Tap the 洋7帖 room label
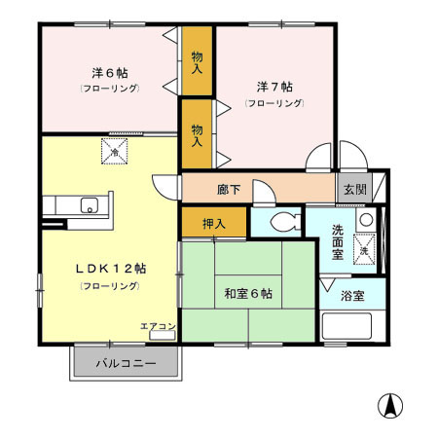(x=273, y=85)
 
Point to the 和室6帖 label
(x=248, y=293)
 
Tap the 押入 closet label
(x=214, y=224)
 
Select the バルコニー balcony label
(x=126, y=364)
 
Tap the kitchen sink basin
(x=90, y=204)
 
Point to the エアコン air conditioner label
(x=157, y=325)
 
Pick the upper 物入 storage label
(x=197, y=63)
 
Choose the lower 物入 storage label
(x=197, y=133)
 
